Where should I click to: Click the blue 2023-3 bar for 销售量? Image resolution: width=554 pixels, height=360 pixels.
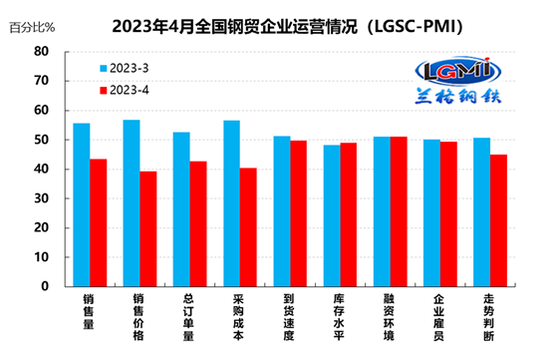click(82, 204)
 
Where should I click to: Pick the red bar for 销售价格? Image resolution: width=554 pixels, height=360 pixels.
click(147, 228)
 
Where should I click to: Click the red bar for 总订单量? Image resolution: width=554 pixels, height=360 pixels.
click(197, 223)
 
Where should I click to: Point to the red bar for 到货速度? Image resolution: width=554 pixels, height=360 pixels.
click(297, 213)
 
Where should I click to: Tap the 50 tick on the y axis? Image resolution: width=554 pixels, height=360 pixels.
click(41, 140)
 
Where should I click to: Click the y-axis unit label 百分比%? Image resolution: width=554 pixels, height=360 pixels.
click(31, 27)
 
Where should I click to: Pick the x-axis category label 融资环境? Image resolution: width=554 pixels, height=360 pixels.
click(389, 318)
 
